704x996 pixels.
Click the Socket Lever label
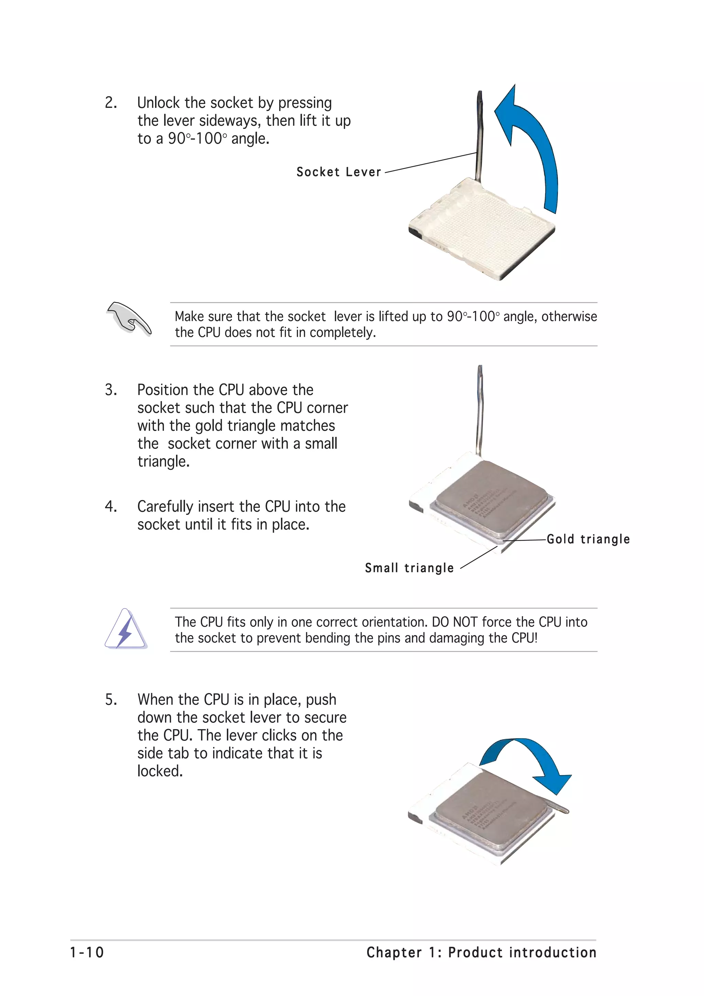338,172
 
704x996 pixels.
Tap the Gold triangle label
588,539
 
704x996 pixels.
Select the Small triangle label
409,568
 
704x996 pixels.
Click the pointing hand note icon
129,319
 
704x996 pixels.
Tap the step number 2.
111,103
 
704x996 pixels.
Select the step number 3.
111,390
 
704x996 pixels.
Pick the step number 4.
111,507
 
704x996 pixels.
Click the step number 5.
111,700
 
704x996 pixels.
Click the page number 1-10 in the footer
87,952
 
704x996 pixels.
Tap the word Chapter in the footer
394,952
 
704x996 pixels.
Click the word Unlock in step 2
158,103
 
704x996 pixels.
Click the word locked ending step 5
159,771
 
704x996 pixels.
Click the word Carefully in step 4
165,507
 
